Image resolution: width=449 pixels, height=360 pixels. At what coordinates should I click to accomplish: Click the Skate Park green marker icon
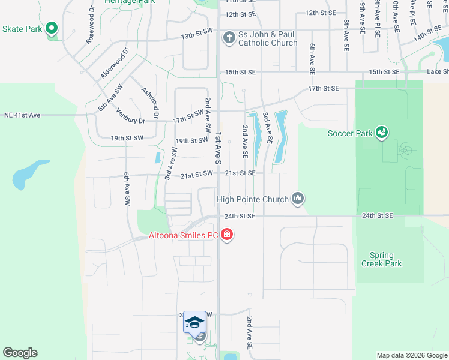pos(52,28)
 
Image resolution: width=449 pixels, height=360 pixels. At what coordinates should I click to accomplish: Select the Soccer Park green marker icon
pos(381,132)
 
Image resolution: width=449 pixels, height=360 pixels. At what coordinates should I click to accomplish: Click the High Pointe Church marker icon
pos(298,198)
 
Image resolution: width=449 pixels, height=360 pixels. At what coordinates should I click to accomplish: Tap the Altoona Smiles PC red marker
pos(227,235)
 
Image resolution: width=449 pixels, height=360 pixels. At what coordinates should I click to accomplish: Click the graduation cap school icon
pos(194,323)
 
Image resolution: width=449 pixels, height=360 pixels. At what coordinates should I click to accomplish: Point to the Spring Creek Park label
pos(381,259)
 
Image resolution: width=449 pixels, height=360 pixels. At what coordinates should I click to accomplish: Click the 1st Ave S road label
pos(218,149)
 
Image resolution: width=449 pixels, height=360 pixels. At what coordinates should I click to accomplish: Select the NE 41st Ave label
pos(22,115)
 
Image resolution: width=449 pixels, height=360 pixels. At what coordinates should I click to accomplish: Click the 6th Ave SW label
pos(127,190)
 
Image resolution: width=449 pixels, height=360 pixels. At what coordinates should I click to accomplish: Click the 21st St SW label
pos(197,173)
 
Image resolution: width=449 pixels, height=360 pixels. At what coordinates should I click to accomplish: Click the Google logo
pos(20,353)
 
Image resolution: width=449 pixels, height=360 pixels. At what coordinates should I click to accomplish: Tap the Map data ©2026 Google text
pos(411,355)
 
